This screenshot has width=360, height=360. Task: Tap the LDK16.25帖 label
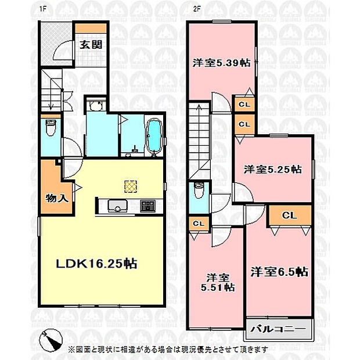click(x=96, y=264)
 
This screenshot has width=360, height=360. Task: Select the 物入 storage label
click(x=57, y=198)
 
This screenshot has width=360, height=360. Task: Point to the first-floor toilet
click(x=50, y=128)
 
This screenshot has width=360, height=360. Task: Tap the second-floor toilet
click(x=199, y=190)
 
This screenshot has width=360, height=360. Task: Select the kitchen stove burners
click(x=147, y=206)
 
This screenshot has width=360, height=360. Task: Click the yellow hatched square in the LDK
click(x=131, y=186)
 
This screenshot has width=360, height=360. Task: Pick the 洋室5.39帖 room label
click(x=221, y=63)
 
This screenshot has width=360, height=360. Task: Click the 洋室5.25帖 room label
click(x=272, y=170)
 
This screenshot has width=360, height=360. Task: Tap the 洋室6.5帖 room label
click(x=279, y=272)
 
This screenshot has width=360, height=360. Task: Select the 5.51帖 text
click(x=218, y=287)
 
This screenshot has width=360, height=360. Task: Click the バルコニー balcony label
click(x=278, y=329)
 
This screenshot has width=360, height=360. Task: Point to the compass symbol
click(x=51, y=340)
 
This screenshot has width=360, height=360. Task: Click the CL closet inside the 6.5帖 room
click(x=290, y=215)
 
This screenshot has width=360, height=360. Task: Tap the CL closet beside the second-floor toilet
click(x=199, y=223)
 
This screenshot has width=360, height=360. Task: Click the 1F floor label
click(x=43, y=9)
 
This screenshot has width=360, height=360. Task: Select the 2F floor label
click(x=197, y=9)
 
